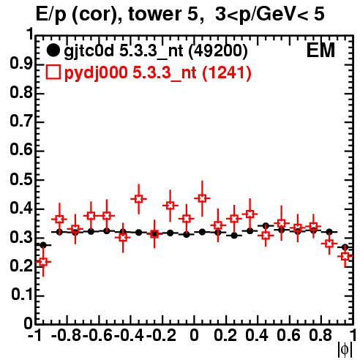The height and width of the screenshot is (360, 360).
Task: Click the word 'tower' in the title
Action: (x=154, y=14)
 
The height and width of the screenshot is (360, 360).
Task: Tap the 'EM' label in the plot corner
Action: (x=320, y=50)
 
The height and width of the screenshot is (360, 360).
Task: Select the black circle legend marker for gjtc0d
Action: (x=53, y=50)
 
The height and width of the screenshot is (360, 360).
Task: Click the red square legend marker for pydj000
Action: (x=53, y=72)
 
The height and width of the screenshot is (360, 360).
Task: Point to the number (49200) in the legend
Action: (x=218, y=51)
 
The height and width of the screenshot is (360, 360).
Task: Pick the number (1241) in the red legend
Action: (x=227, y=72)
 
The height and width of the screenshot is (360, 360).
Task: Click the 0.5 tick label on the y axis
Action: (x=21, y=180)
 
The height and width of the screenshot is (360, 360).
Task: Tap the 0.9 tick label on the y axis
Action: (x=21, y=64)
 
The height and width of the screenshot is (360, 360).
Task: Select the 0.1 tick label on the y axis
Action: (x=21, y=295)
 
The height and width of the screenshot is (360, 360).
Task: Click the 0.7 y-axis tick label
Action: (x=21, y=122)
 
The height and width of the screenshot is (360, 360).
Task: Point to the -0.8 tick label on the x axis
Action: (x=66, y=335)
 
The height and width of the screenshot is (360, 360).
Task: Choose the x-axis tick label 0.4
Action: (x=257, y=335)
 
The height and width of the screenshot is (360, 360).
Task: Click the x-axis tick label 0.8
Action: (x=320, y=335)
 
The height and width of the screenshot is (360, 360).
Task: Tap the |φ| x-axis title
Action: (x=345, y=350)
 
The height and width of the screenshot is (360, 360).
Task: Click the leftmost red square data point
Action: (x=43, y=262)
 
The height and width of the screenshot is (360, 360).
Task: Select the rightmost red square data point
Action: (x=345, y=256)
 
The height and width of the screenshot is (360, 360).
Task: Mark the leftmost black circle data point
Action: (x=43, y=245)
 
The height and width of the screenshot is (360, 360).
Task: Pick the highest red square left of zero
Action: (x=138, y=199)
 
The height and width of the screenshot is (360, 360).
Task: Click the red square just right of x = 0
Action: (x=202, y=198)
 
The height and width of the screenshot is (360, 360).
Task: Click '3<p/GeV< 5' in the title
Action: (x=270, y=15)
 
